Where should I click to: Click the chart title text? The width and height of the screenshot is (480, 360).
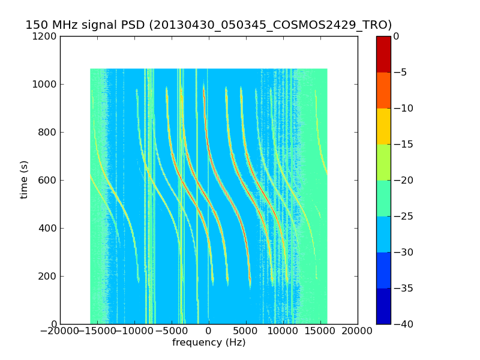(x=208, y=25)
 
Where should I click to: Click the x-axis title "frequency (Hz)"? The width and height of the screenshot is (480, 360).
(x=209, y=343)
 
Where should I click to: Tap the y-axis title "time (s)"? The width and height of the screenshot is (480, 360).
(x=24, y=179)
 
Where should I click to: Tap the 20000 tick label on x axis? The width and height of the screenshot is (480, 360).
(x=358, y=331)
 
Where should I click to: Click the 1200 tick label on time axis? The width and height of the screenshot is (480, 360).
(x=44, y=36)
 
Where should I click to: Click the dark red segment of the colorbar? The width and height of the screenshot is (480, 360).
(x=383, y=54)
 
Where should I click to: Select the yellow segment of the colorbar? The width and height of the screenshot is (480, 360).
(x=383, y=126)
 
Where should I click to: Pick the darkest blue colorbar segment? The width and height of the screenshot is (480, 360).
(x=383, y=306)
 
